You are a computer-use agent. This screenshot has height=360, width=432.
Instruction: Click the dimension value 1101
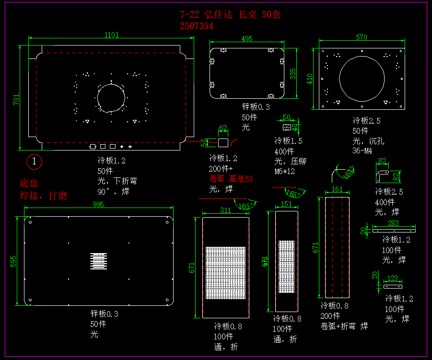[x=111, y=35]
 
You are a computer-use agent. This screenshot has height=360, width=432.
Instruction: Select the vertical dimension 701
[x=16, y=100]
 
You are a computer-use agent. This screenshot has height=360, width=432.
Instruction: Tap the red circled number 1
[x=35, y=162]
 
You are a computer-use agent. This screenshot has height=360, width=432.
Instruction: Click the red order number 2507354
[x=197, y=26]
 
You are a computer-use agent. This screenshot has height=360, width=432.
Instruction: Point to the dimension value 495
[x=246, y=39]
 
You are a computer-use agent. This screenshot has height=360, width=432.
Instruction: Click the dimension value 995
[x=98, y=204]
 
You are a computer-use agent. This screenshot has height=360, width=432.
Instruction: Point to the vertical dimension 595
[x=13, y=260]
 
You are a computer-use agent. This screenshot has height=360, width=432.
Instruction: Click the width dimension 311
[x=225, y=210]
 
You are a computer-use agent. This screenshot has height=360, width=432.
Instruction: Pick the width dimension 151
[x=286, y=204]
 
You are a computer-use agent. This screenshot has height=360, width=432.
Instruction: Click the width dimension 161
[x=337, y=189]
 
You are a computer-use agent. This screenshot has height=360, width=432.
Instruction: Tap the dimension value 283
[x=393, y=223]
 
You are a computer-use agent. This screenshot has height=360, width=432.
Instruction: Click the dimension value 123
[x=392, y=278]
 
